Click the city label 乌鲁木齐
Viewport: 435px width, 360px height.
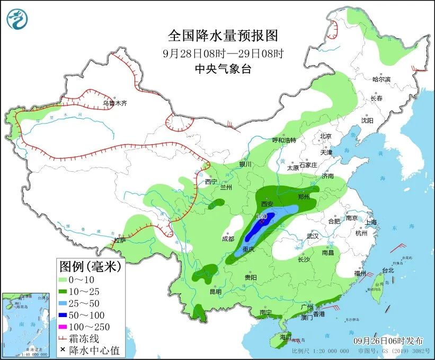tap(115, 103)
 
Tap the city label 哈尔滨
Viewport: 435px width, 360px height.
tap(381, 79)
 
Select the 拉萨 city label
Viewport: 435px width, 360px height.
tap(120, 240)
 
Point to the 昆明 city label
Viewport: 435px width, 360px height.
tap(215, 291)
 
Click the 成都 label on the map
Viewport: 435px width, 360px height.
tap(228, 239)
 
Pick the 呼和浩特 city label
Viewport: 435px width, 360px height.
tap(284, 140)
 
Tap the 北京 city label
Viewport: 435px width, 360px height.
tap(325, 136)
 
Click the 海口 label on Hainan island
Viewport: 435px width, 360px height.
tap(286, 337)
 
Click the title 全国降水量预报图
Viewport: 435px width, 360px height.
tap(223, 36)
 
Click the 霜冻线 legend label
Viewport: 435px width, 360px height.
tap(87, 338)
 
